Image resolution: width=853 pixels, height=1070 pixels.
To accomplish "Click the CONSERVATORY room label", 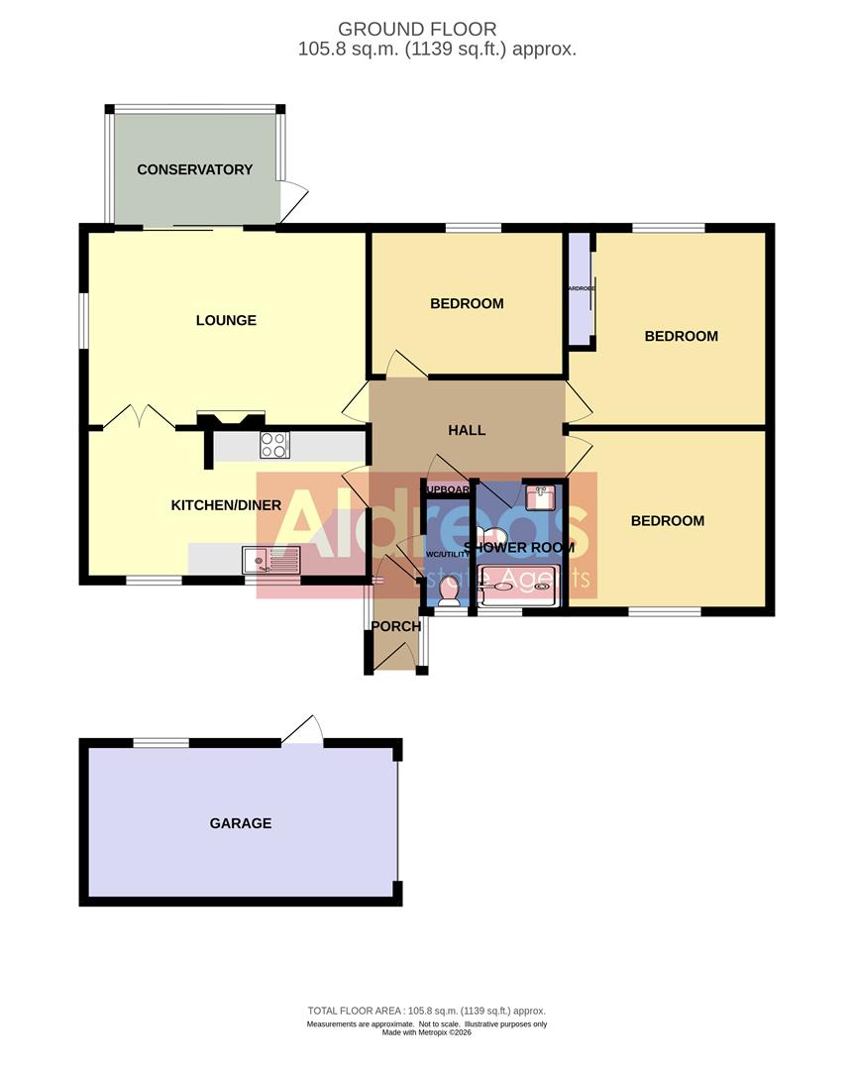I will (x=194, y=169).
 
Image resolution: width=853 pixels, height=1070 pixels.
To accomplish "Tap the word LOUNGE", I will (x=226, y=320).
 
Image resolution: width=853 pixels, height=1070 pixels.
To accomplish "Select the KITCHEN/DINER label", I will (x=226, y=505).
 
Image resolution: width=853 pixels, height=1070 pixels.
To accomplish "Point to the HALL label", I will (x=467, y=430).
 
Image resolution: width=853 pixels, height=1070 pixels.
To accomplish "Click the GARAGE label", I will (x=240, y=823).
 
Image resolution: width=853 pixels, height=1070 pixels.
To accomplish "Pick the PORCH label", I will (x=396, y=626).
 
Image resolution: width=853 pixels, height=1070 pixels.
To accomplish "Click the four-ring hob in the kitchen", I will (x=273, y=446).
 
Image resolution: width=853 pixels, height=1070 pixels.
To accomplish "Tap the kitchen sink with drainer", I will (x=269, y=562).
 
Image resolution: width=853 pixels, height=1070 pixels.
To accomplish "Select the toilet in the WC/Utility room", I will (x=447, y=592).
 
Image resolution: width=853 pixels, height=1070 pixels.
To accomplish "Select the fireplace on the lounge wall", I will (x=232, y=420).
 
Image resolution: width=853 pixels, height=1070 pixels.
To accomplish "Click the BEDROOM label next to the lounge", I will (x=467, y=303).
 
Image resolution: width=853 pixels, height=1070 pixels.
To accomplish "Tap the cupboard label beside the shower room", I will (x=448, y=488).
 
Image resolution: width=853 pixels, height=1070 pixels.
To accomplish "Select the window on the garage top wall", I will (x=160, y=742).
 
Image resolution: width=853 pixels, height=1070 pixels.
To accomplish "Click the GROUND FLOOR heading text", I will (x=417, y=30).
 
